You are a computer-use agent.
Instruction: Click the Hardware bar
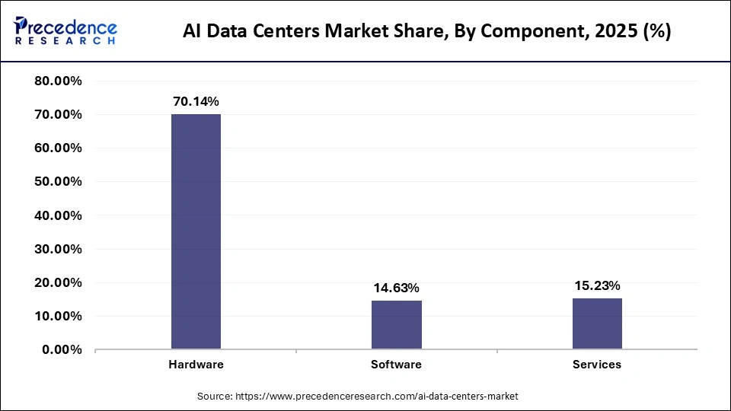coord(196,231)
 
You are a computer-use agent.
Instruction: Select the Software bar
coord(396,325)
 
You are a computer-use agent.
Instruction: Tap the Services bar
coord(597,323)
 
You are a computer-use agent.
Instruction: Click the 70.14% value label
coord(196,101)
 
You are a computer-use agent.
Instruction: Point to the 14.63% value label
coord(396,288)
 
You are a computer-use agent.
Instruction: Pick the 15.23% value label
coord(597,286)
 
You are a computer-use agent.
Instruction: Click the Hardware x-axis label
coord(196,365)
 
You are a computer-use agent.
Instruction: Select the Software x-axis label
coord(396,365)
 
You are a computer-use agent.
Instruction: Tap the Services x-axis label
coord(597,365)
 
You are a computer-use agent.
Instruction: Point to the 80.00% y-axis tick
coord(59,81)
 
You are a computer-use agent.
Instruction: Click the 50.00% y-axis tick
coord(59,182)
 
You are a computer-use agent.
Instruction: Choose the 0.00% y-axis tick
coord(62,350)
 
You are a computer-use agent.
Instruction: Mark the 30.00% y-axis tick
coord(59,249)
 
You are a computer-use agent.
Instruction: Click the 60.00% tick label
coord(59,148)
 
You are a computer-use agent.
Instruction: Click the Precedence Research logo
coord(65,30)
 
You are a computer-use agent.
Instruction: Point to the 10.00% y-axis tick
coord(59,316)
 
